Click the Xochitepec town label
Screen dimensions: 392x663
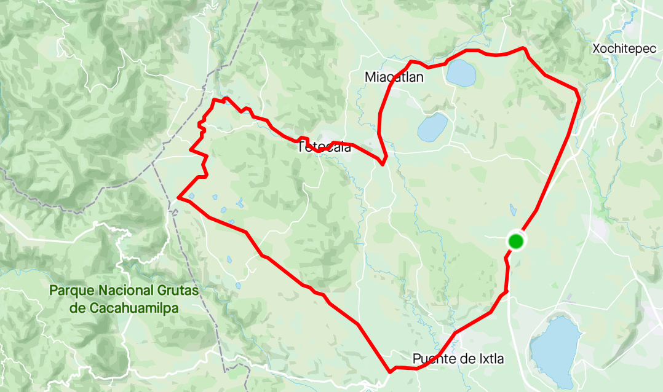pos(624,49)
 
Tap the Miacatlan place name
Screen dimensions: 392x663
pos(394,77)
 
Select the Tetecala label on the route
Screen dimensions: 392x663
pos(324,147)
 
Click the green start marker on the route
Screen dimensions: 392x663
pos(515,241)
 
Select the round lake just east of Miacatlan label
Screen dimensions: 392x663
pos(461,73)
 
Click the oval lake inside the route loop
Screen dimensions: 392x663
pos(432,127)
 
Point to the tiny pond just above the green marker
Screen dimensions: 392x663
pos(513,210)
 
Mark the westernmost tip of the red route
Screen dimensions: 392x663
pos(178,197)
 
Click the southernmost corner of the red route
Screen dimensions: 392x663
pos(391,371)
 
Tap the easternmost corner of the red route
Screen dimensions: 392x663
pos(579,98)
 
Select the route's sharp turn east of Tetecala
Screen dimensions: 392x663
pos(383,163)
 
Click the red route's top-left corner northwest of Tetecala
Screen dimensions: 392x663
pos(214,100)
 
